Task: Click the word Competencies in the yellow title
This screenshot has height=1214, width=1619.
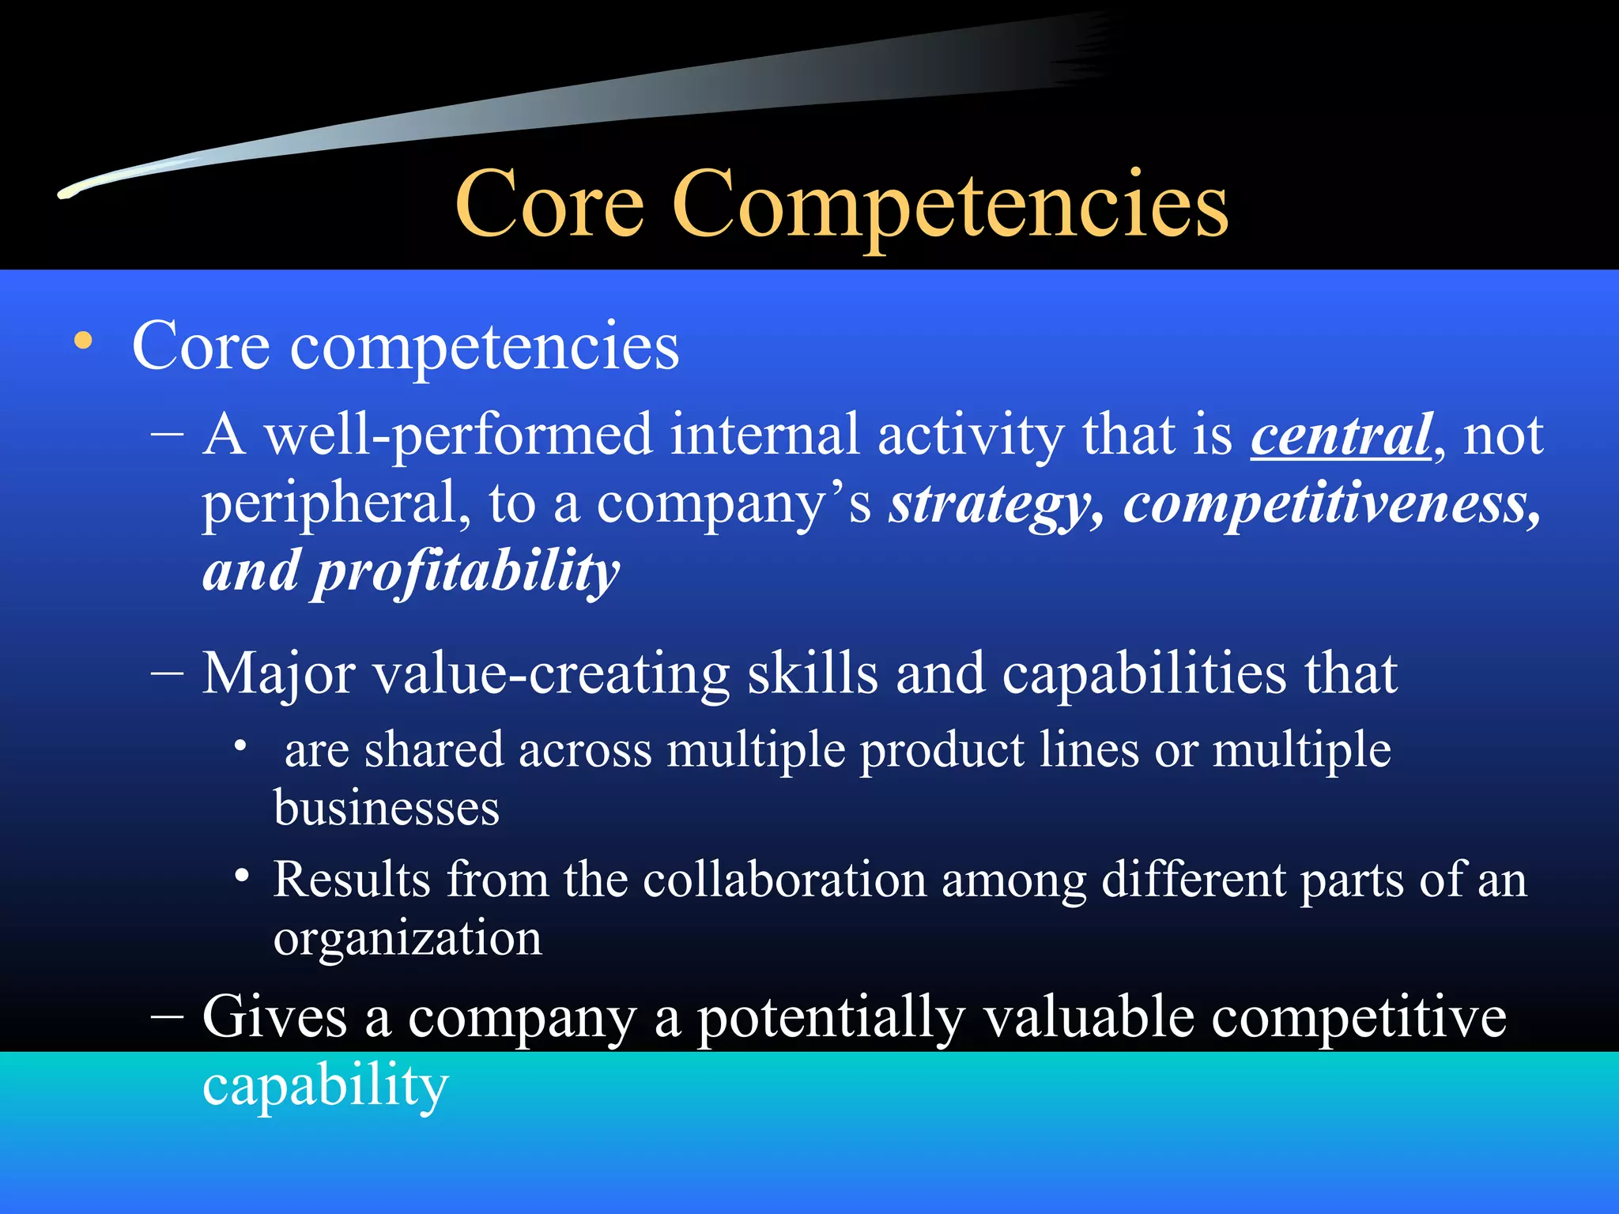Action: tap(949, 207)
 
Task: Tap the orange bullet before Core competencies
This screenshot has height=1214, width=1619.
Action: tap(83, 342)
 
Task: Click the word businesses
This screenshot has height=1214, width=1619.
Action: tap(387, 808)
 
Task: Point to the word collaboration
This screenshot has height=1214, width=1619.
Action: tap(784, 879)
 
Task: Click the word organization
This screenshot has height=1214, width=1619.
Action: tap(408, 939)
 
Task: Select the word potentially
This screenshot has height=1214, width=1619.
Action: tap(831, 1018)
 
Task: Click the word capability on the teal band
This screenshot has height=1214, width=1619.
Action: tap(325, 1086)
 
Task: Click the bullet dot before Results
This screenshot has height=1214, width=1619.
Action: tap(242, 876)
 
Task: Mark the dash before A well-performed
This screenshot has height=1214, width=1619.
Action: tap(167, 435)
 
